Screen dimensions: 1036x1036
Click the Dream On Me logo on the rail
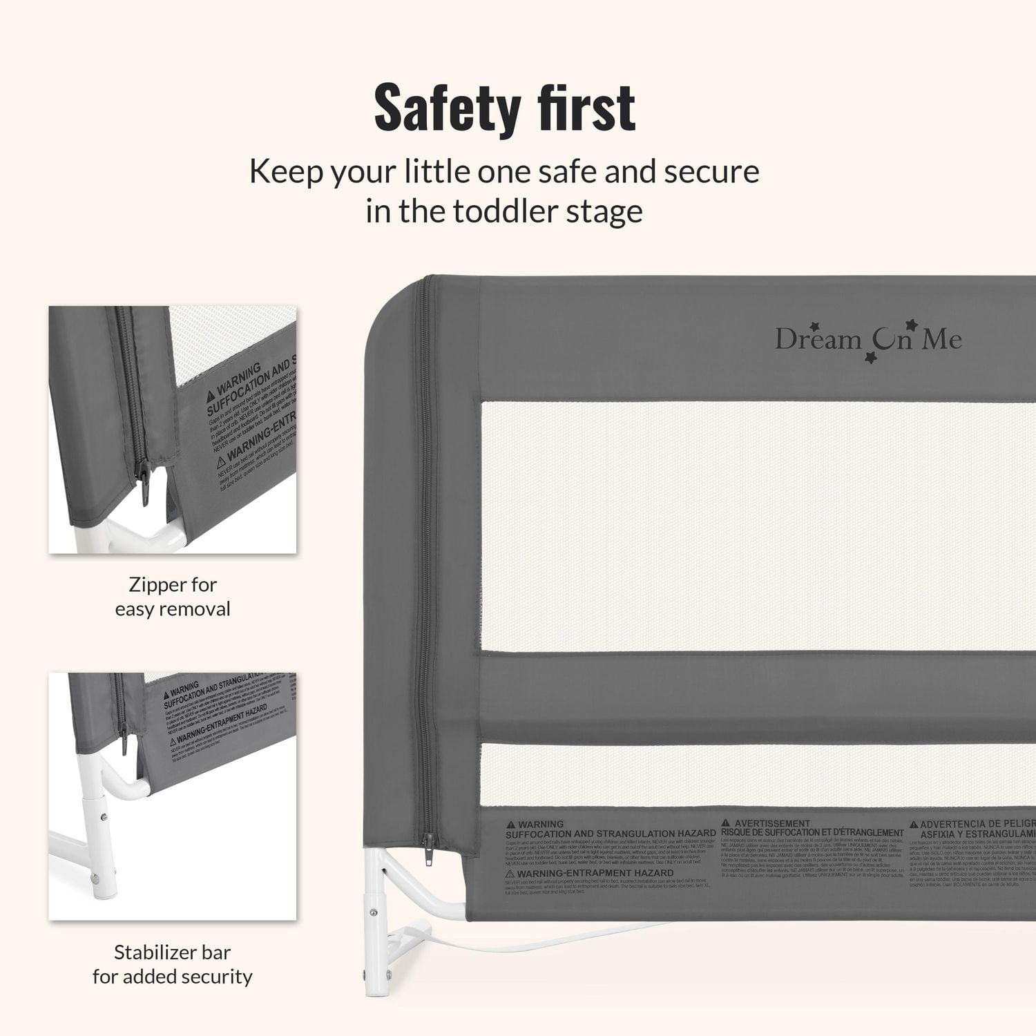pyautogui.click(x=867, y=339)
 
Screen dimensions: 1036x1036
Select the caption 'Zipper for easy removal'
pyautogui.click(x=173, y=597)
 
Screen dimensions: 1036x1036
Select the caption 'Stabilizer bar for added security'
pyautogui.click(x=173, y=964)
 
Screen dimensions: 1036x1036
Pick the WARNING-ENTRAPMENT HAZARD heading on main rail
pyautogui.click(x=595, y=874)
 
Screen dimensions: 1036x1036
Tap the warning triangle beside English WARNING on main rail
pyautogui.click(x=510, y=825)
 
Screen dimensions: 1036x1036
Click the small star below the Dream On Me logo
pyautogui.click(x=871, y=357)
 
